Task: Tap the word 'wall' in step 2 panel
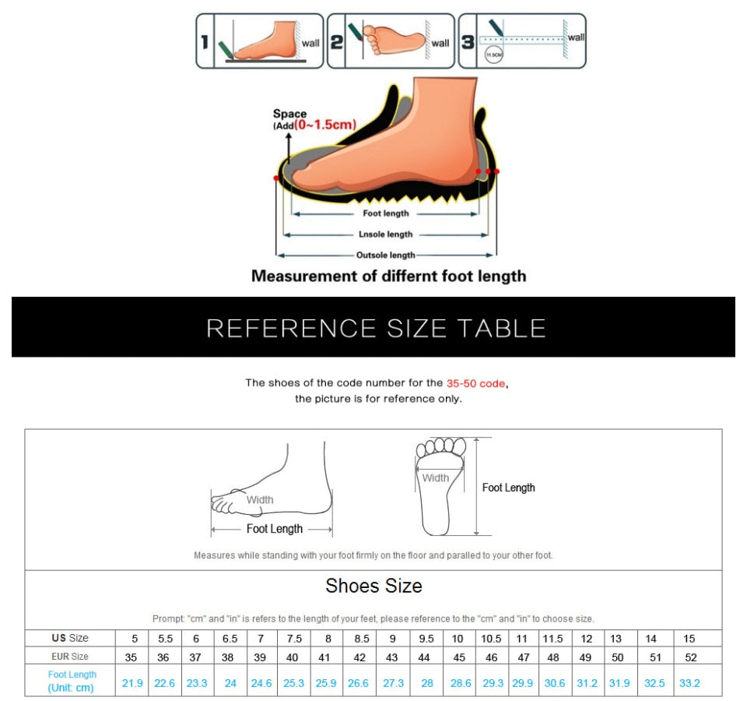click(440, 43)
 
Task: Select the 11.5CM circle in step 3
click(494, 55)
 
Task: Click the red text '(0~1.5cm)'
click(325, 125)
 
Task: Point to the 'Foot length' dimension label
click(385, 213)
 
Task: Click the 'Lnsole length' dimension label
click(385, 234)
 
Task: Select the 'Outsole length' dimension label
click(385, 255)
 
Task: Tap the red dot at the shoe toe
click(276, 178)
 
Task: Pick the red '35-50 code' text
click(476, 383)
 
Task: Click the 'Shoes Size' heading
click(373, 586)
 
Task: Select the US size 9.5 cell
click(426, 639)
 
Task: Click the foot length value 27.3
click(393, 683)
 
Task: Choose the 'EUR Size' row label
click(70, 657)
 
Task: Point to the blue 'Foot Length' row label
click(72, 675)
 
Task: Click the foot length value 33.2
click(689, 683)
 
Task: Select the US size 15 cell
click(689, 639)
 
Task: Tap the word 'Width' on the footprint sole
click(436, 478)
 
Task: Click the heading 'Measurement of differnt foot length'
click(388, 277)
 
